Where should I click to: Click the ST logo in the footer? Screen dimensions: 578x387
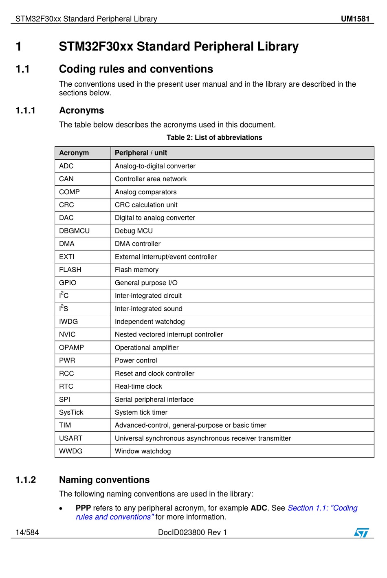coord(361,532)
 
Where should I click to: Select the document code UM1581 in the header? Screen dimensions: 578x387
coord(355,19)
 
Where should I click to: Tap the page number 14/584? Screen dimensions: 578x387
coord(27,532)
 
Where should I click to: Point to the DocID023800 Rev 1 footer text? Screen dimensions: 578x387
coord(192,532)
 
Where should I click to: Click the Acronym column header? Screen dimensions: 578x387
coord(74,153)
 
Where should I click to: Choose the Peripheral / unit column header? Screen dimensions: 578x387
coord(141,153)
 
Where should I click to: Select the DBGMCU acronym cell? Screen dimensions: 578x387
coord(74,231)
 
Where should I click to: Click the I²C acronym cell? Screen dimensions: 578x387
coord(64,295)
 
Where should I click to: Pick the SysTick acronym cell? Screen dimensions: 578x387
coord(71,412)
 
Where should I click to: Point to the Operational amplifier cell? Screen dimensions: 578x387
coord(147,347)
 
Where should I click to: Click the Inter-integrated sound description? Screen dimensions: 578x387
coord(149,309)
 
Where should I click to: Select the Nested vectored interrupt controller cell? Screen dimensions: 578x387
coord(169,334)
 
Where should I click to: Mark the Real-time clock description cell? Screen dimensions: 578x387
coord(139,386)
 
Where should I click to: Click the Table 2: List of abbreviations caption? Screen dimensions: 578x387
coord(214,138)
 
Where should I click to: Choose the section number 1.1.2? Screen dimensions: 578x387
coord(26,480)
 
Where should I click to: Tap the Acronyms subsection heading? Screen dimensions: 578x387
coord(81,110)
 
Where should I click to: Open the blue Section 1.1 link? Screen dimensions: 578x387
coord(322,508)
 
